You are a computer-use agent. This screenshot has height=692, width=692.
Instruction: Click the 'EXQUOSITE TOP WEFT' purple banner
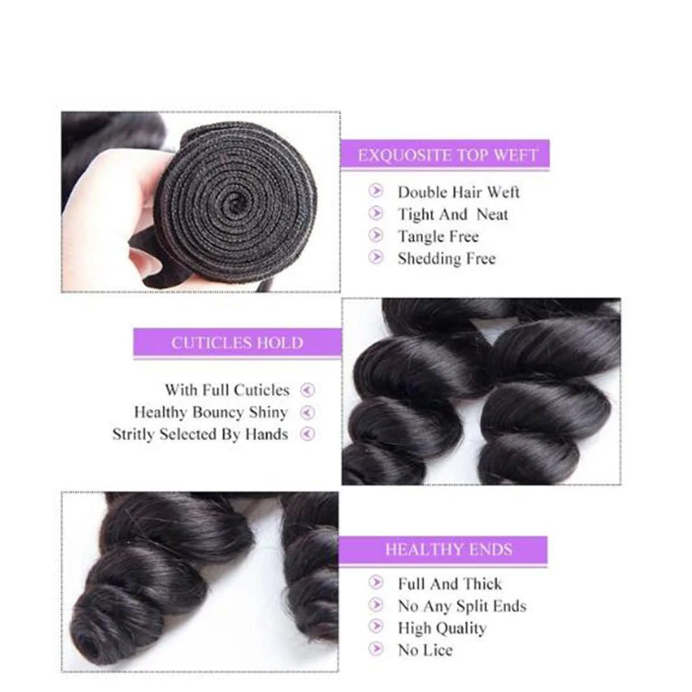click(446, 155)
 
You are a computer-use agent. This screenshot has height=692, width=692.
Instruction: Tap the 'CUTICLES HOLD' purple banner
click(237, 343)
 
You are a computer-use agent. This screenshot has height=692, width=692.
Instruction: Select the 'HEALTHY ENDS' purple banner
click(448, 551)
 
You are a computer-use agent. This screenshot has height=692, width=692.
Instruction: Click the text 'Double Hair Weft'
click(458, 192)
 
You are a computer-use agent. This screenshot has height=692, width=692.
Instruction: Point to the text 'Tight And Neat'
click(453, 215)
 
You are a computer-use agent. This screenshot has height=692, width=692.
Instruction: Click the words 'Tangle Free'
click(438, 237)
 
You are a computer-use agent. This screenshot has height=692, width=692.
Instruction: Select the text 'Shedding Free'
click(446, 259)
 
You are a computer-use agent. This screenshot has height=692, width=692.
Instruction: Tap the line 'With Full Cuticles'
click(227, 390)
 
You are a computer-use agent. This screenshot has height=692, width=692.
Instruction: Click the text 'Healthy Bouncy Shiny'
click(210, 412)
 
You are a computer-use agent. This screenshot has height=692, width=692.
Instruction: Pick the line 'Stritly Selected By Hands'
click(200, 435)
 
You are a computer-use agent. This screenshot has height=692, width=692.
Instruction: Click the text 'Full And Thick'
click(450, 584)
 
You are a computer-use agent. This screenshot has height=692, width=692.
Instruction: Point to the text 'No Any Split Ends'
click(462, 606)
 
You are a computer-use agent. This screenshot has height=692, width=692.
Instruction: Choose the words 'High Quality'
click(441, 628)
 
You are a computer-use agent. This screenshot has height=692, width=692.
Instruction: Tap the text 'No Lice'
click(425, 650)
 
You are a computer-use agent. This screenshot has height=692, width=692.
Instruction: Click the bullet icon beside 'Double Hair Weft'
click(376, 191)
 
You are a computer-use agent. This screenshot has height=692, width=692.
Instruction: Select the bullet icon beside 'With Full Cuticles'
click(308, 390)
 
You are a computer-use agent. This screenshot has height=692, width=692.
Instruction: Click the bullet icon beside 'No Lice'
click(376, 649)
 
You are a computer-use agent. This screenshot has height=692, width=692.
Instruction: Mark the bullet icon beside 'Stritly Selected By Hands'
click(308, 435)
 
